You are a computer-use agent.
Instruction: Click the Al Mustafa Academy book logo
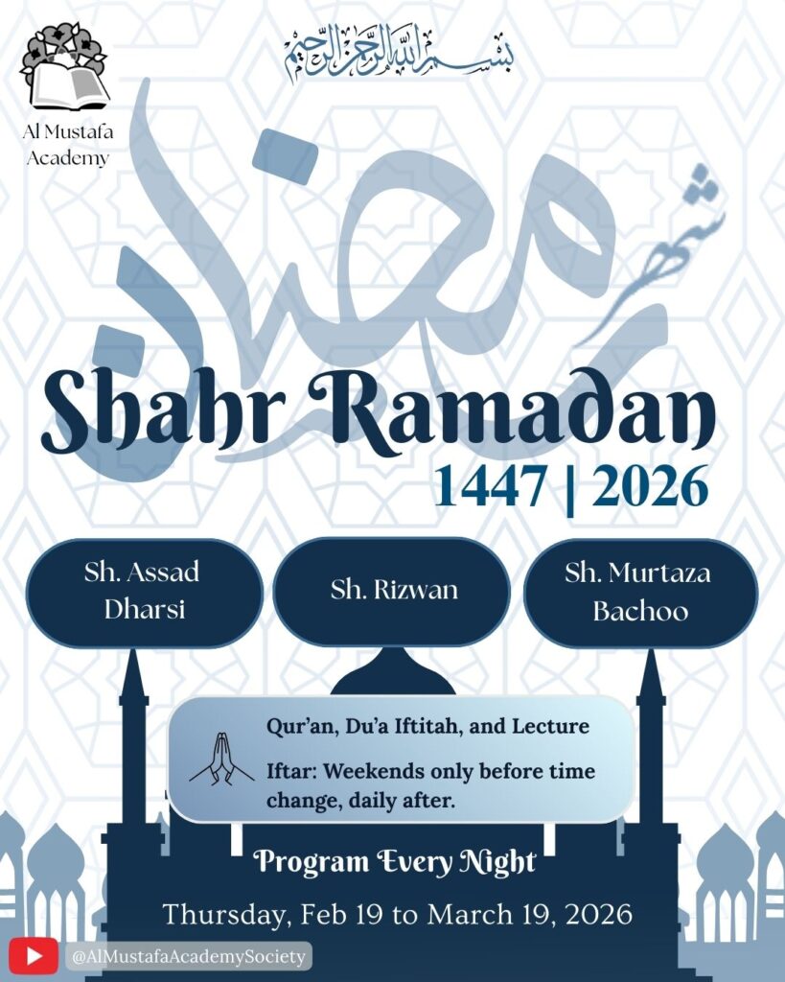pos(65,67)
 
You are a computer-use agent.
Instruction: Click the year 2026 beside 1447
pos(650,485)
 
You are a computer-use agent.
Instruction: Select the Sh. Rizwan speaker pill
pos(393,590)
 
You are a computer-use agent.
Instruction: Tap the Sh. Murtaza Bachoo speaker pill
pos(640,592)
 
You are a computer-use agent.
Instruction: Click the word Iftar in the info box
pos(291,771)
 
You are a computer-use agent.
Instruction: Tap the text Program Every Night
pos(394,862)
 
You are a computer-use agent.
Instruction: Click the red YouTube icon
pos(35,955)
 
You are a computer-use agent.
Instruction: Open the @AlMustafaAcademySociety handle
pos(188,956)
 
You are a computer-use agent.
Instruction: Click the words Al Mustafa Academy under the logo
pos(67,146)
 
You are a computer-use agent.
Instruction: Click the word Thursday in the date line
pos(223,913)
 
